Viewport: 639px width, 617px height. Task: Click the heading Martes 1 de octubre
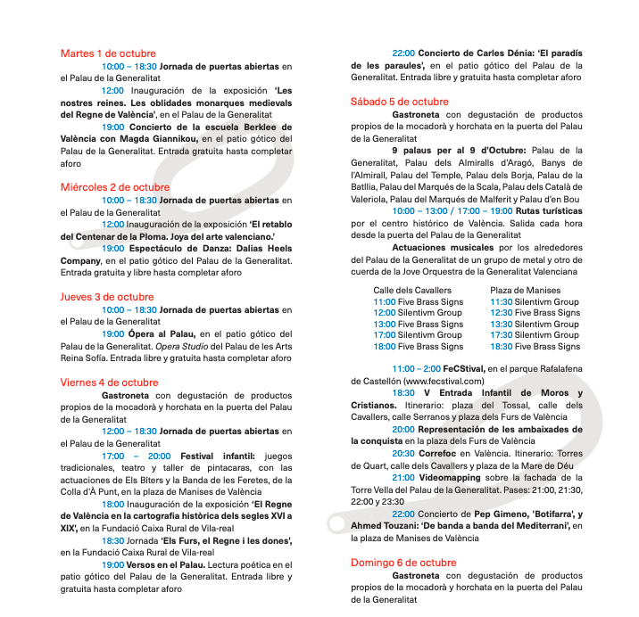pyautogui.click(x=108, y=53)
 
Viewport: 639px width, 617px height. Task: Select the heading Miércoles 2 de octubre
pyautogui.click(x=115, y=187)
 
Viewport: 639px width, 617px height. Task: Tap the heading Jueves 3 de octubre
pyautogui.click(x=107, y=297)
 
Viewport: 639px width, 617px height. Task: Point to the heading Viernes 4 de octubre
pyautogui.click(x=109, y=383)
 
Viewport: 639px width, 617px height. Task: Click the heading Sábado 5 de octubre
pyautogui.click(x=400, y=102)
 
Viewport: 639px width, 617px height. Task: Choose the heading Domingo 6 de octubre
pyautogui.click(x=403, y=563)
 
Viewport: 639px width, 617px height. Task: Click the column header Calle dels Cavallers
pyautogui.click(x=412, y=291)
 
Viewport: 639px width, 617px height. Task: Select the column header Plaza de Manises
pyautogui.click(x=525, y=291)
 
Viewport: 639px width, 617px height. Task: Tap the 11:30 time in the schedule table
pyautogui.click(x=501, y=302)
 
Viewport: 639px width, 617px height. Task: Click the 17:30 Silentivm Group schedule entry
pyautogui.click(x=535, y=335)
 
